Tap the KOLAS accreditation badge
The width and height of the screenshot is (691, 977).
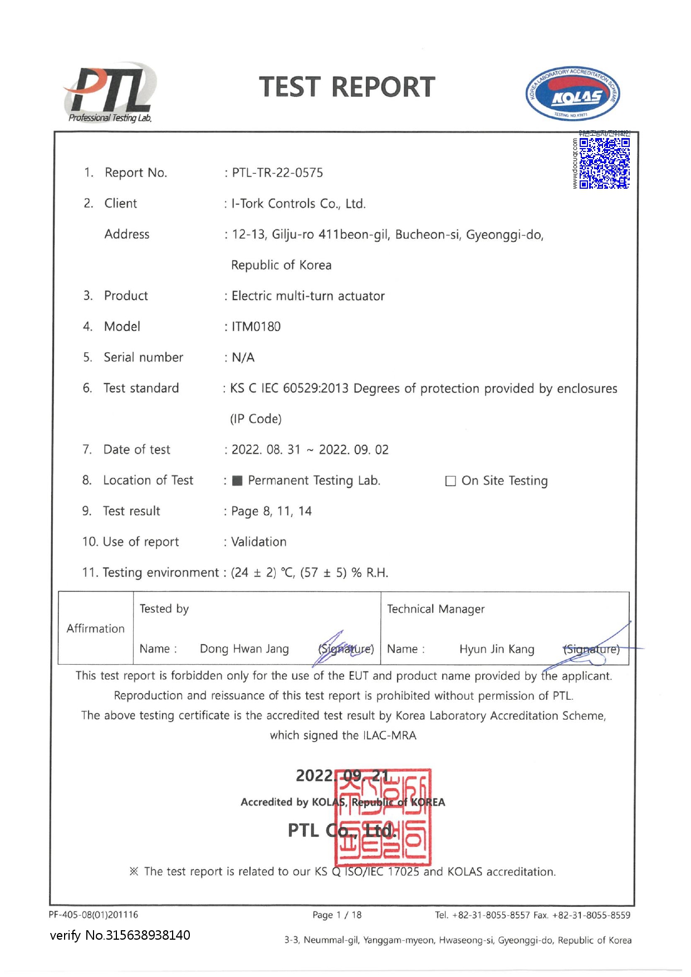coord(572,94)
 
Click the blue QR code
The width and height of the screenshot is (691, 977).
coord(604,163)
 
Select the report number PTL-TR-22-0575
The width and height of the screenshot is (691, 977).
coord(277,173)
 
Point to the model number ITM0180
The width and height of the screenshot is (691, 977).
coord(256,327)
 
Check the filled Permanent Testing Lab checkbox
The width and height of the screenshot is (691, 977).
coord(237,481)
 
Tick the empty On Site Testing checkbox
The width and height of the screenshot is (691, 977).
coord(450,481)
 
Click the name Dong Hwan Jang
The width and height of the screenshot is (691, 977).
coord(244,649)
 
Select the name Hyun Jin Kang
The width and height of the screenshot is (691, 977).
coord(497,649)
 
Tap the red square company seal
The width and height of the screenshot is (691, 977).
coord(383,817)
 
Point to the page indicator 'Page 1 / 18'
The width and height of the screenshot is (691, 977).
coord(337,915)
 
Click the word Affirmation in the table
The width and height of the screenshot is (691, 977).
coord(96,629)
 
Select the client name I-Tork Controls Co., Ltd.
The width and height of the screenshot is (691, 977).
coord(298,204)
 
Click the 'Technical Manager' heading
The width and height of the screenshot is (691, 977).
coord(435,609)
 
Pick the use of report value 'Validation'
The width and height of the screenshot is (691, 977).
coord(259,542)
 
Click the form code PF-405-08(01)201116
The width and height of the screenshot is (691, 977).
coord(94,915)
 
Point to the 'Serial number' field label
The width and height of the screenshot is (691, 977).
coord(143,357)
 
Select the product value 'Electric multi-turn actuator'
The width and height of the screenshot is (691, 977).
coord(308,296)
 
